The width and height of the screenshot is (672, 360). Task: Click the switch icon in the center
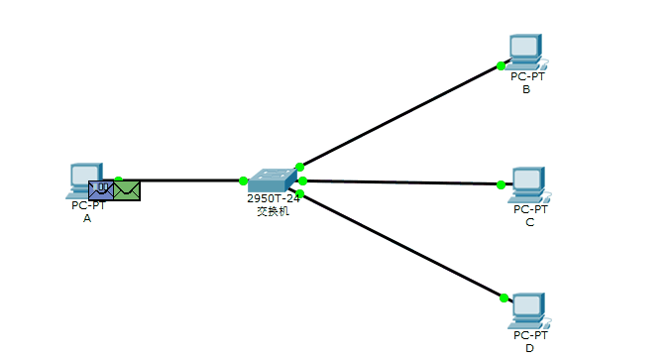point(272,180)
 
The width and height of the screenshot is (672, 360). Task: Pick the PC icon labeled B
point(524,51)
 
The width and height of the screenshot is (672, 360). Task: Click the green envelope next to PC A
point(127,189)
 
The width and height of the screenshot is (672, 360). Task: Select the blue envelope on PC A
point(101,188)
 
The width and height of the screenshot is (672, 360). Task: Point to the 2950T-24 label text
point(274,198)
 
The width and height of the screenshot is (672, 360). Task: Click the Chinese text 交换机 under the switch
point(274,211)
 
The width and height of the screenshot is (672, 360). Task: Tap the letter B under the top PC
point(526,89)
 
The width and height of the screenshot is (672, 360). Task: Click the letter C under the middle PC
point(530,222)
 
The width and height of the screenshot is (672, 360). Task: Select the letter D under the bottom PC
point(530,348)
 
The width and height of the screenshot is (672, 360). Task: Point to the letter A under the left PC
point(87,218)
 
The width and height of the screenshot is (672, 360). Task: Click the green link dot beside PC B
point(502,66)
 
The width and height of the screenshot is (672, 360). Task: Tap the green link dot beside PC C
point(501,184)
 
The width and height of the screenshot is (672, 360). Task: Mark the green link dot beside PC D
point(504,298)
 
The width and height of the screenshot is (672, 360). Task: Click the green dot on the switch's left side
point(243,180)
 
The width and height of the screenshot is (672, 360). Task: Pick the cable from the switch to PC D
point(401,245)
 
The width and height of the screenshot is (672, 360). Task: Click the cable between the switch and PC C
point(401,182)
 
